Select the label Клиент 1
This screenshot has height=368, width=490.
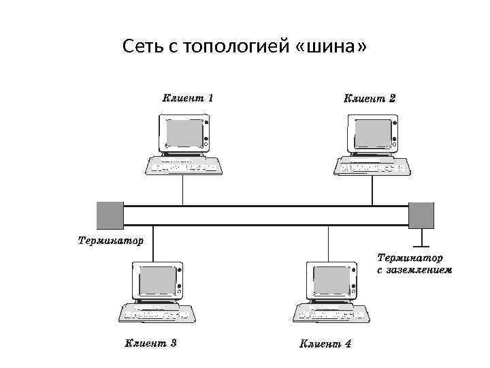point(188,97)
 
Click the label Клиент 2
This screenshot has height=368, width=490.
point(370,97)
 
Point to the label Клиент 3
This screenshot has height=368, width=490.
point(150,343)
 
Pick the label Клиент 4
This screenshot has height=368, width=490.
point(325,343)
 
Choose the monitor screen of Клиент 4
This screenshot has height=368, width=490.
point(331,279)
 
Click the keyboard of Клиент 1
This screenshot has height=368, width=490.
point(184,166)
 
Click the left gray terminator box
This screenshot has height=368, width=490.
point(110,215)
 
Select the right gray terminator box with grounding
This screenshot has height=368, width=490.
point(421,215)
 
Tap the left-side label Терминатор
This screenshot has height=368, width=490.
point(110,241)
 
